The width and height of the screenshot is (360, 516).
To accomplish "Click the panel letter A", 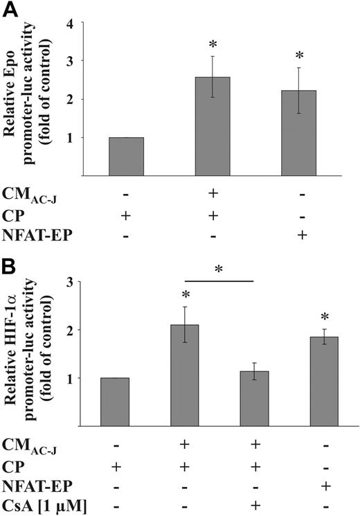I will [12, 10].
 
